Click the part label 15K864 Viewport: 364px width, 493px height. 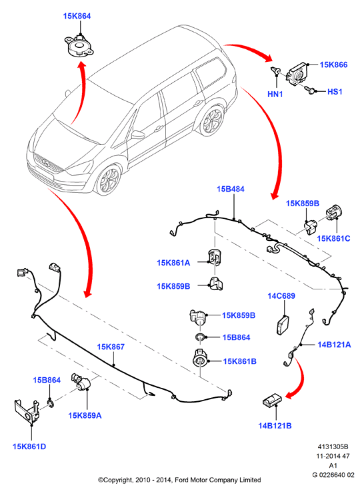click(x=77, y=16)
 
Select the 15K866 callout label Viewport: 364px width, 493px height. click(x=333, y=65)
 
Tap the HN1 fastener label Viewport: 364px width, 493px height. click(x=275, y=94)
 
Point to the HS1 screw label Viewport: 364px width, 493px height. click(x=335, y=92)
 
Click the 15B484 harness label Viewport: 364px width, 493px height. click(x=231, y=189)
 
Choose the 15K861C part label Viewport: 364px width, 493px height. click(x=333, y=239)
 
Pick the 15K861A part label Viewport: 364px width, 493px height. click(x=173, y=263)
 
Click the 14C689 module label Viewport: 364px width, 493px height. click(x=281, y=296)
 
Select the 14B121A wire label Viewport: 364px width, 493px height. click(x=334, y=345)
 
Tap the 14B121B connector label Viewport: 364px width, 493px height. click(x=275, y=426)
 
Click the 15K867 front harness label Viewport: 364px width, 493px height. click(x=111, y=347)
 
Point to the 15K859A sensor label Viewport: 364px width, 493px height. click(x=85, y=416)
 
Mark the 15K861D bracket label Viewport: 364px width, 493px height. click(x=29, y=446)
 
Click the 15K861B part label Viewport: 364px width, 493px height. click(x=240, y=361)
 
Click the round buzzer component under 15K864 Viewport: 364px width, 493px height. click(x=79, y=47)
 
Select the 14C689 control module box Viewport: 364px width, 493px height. click(x=283, y=325)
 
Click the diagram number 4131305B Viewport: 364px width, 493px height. click(x=333, y=446)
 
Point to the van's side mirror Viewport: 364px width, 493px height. click(x=138, y=134)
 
